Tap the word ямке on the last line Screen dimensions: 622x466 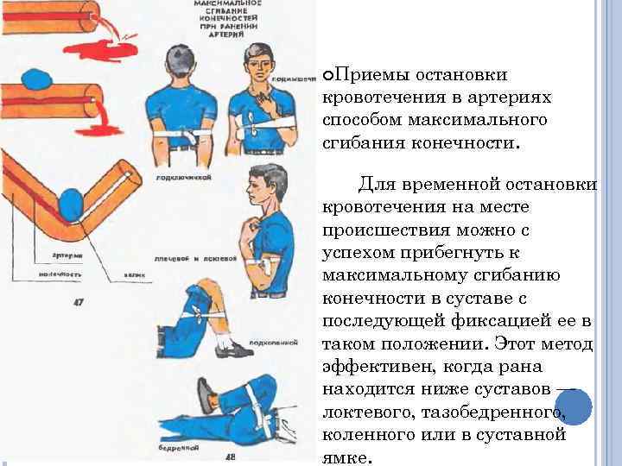[345, 457]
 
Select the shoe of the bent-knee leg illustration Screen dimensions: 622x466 [229, 347]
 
